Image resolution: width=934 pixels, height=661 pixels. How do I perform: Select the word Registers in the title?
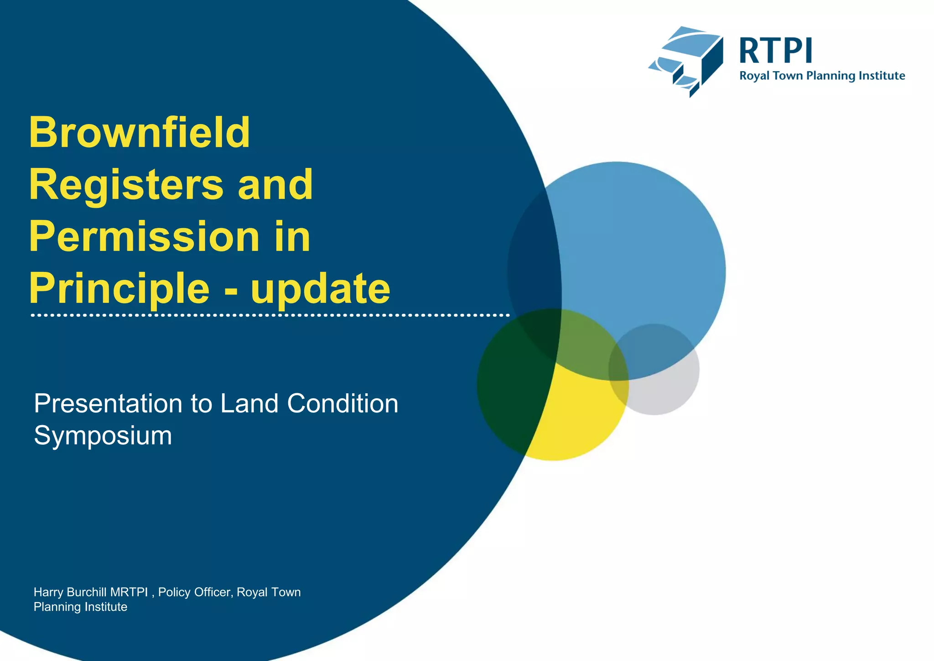pos(126,185)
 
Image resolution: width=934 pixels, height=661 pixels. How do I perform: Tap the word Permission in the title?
pos(144,237)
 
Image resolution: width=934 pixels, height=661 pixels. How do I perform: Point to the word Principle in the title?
pos(119,289)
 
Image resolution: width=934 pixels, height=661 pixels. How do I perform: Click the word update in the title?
pos(320,289)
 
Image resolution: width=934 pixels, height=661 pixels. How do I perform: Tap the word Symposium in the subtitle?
pos(103,436)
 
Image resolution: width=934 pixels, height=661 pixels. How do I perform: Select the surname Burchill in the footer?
pos(87,592)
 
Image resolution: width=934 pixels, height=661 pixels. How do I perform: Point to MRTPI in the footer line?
pos(129,592)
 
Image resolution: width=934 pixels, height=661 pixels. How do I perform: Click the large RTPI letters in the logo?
pos(775,51)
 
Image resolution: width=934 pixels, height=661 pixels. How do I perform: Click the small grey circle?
pos(666,388)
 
